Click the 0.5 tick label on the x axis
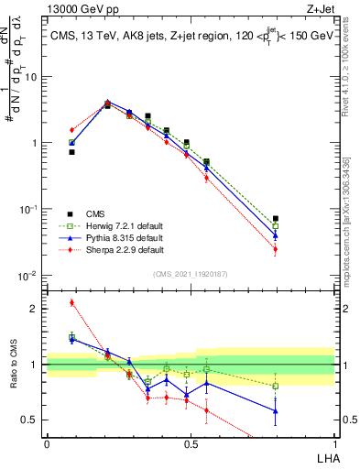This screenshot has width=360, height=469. pos(191,444)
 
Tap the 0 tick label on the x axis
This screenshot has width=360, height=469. pos(47,444)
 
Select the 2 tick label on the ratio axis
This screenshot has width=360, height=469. pos(37,309)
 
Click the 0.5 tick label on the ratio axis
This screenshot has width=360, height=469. pos(33,420)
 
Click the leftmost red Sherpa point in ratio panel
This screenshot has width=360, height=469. pos(71,302)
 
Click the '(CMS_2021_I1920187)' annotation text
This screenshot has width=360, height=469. pos(191,274)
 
